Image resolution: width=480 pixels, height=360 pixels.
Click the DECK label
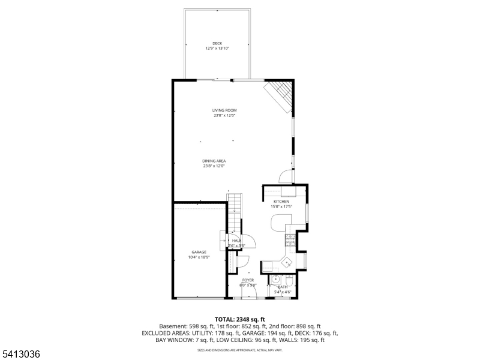point(217,43)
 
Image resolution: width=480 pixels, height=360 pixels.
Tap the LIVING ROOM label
point(224,110)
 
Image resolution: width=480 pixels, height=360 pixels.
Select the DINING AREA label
point(214,161)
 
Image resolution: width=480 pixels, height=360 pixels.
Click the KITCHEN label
point(281,201)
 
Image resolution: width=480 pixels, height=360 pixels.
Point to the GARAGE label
point(199,252)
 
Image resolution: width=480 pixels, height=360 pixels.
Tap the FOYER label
point(248,280)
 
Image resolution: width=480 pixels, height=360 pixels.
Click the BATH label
point(282,287)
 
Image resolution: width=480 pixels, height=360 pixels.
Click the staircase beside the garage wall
point(234,213)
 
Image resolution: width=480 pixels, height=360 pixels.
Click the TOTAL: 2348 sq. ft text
point(240,319)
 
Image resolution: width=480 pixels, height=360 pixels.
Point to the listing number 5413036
point(21,355)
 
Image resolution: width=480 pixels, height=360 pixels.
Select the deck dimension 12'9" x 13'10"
point(217,49)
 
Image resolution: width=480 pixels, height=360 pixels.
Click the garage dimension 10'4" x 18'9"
point(199,257)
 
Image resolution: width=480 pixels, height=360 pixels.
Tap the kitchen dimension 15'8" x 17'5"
point(281,206)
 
